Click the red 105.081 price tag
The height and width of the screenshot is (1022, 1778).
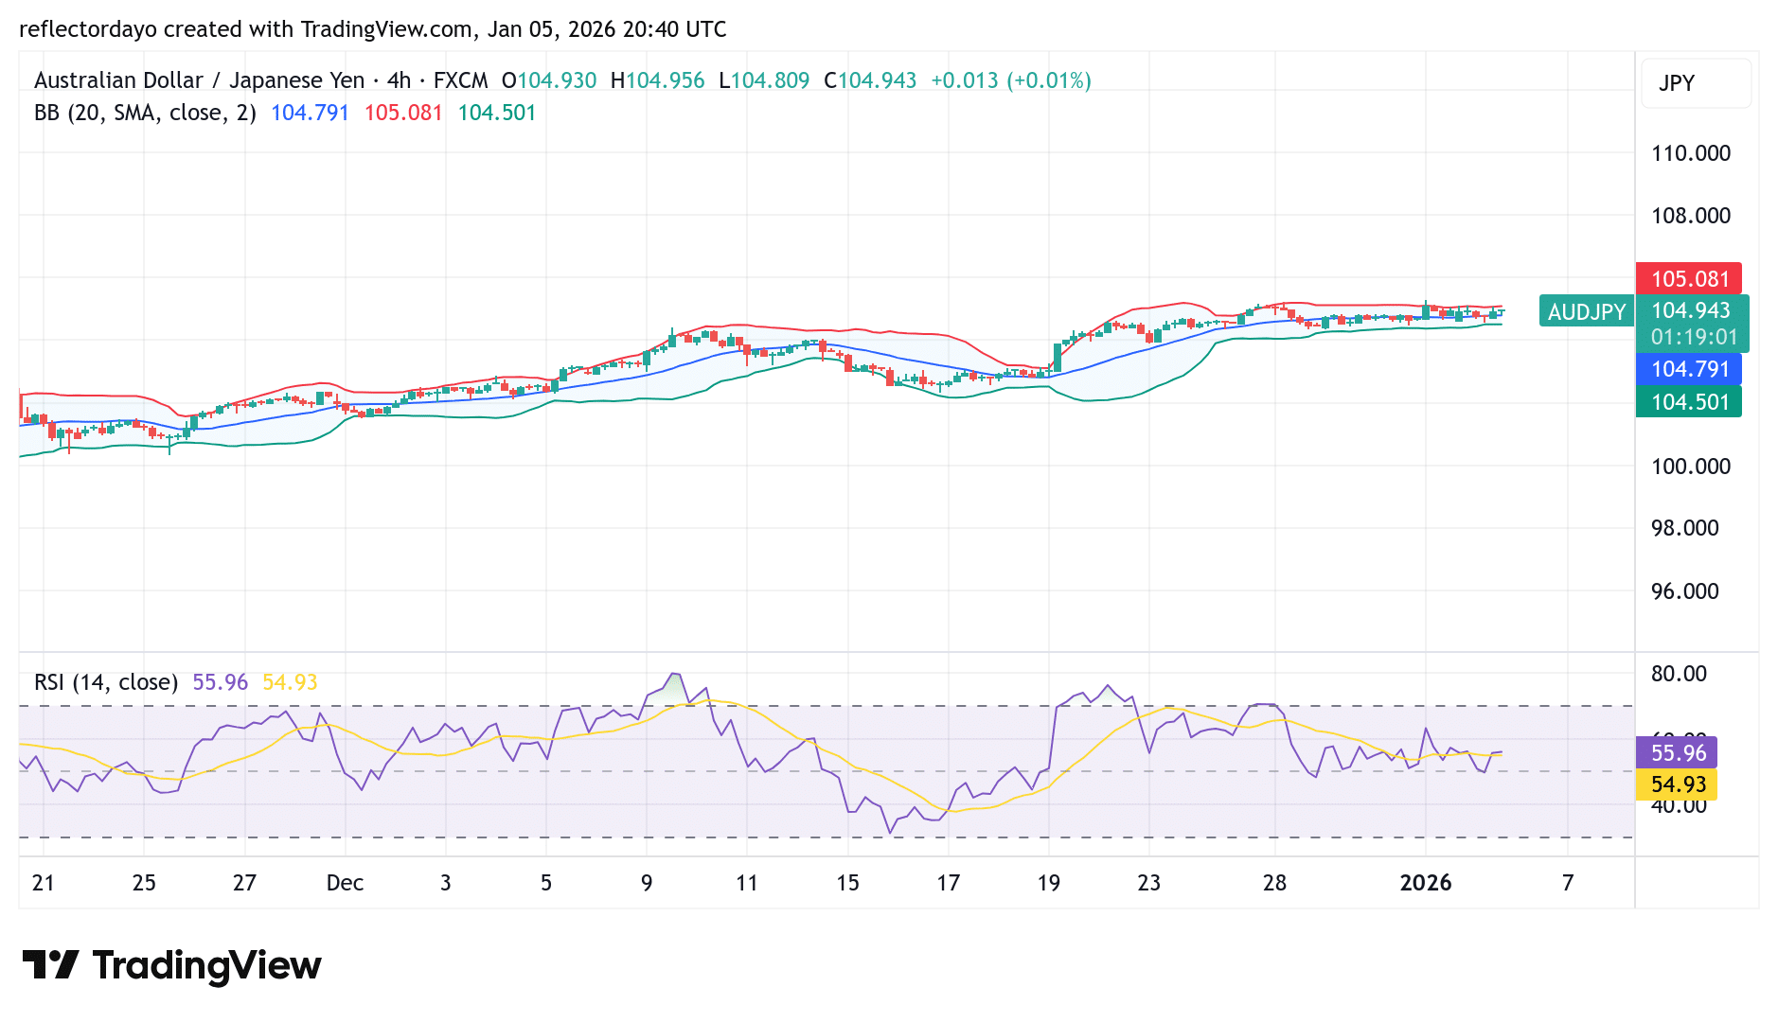pos(1689,279)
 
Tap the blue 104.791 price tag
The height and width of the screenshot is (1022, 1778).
pos(1689,369)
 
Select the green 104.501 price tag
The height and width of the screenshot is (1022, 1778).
pos(1689,402)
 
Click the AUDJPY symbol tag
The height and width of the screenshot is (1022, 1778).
pos(1586,311)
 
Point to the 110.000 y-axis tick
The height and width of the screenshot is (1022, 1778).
pos(1690,153)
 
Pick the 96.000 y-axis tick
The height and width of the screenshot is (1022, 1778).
pos(1684,591)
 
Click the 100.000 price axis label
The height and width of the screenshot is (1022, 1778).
pos(1690,467)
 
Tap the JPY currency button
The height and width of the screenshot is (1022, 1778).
pos(1677,83)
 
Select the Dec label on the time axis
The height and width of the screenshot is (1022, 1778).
pos(345,883)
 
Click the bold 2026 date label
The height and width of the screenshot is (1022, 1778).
pos(1425,883)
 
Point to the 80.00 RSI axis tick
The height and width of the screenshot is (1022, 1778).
pos(1679,674)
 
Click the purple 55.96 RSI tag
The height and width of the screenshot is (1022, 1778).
pos(1677,753)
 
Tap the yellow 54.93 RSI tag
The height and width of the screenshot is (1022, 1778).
pos(1677,784)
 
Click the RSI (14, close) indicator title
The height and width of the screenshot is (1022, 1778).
pos(106,682)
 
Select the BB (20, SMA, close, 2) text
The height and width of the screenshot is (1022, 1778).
pos(145,113)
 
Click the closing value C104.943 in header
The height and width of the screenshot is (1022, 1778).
pos(870,80)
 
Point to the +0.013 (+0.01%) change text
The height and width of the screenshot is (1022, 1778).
pos(1010,80)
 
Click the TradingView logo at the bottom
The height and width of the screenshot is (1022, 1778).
pos(172,965)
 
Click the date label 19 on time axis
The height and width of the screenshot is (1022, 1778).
pos(1048,883)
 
